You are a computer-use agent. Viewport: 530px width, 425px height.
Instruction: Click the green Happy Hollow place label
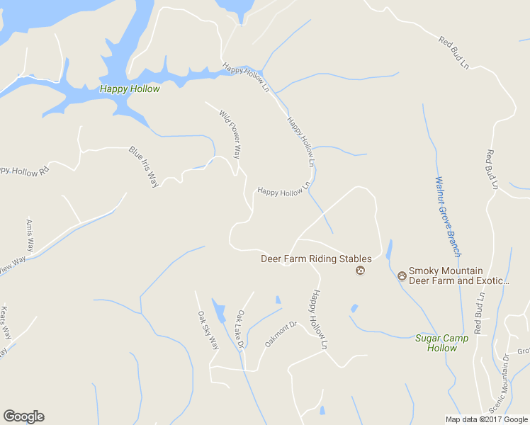point(130,89)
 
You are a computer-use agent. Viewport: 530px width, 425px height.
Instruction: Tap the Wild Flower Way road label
point(230,134)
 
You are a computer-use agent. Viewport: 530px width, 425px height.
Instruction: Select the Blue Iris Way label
point(144,166)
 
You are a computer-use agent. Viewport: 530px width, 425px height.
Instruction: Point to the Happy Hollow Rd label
point(24,171)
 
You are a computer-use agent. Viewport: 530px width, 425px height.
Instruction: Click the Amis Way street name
point(30,235)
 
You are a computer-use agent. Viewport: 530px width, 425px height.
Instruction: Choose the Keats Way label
point(6,322)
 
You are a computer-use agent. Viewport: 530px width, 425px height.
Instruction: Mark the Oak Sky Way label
point(208,330)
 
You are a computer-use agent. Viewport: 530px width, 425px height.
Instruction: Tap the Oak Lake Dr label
point(240,330)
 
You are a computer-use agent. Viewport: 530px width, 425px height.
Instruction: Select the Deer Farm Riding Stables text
point(316,259)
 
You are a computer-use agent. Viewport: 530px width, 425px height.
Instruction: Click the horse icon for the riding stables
point(361,271)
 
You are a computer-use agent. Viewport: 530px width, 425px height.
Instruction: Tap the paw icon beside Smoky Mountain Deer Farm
point(402,276)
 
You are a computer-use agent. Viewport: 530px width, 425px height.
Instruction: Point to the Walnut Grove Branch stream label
point(449,216)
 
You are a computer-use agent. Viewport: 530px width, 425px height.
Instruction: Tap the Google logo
point(23,416)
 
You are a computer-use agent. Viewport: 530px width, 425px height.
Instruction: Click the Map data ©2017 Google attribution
point(486,419)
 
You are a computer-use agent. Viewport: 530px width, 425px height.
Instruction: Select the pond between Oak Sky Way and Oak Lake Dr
point(219,310)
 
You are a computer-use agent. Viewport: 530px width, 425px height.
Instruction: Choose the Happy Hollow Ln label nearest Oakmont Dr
point(318,319)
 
